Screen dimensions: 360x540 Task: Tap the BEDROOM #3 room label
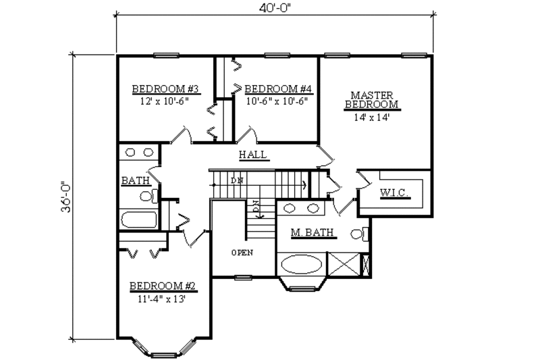165,89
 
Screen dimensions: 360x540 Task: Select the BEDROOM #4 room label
277,89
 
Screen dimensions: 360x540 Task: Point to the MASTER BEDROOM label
372,100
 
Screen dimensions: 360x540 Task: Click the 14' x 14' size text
372,117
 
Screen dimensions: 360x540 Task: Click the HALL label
254,155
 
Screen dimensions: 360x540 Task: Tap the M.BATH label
313,234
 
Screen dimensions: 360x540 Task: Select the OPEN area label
242,253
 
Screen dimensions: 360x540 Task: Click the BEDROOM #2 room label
163,286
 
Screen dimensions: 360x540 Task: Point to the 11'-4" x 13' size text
163,299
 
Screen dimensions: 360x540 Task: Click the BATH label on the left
136,181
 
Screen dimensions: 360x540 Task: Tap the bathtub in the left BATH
138,220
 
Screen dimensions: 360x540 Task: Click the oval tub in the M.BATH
302,264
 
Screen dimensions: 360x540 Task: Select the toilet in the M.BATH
359,234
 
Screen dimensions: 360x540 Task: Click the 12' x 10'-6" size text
165,101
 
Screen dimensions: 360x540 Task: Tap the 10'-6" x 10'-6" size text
277,101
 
